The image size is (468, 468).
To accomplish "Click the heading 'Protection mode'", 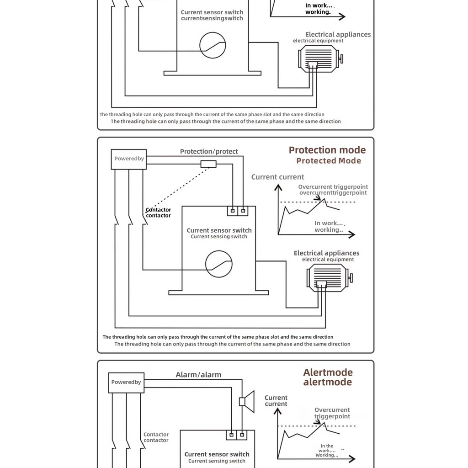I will pyautogui.click(x=327, y=150).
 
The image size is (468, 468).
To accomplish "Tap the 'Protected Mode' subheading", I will pyautogui.click(x=328, y=161).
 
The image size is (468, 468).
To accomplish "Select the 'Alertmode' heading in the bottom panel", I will pyautogui.click(x=328, y=372).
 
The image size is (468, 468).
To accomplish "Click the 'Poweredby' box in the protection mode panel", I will pyautogui.click(x=129, y=159).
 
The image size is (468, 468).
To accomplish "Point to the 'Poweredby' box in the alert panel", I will pyautogui.click(x=126, y=383).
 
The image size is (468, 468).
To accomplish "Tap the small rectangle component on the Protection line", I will pyautogui.click(x=208, y=164).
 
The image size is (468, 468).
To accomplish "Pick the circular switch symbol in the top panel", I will pyautogui.click(x=213, y=45).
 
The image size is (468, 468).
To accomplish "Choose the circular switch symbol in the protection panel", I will pyautogui.click(x=218, y=264).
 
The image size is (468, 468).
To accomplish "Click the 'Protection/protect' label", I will pyautogui.click(x=209, y=152).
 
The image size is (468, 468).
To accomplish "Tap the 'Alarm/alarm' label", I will pyautogui.click(x=198, y=375).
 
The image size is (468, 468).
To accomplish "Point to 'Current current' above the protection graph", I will pyautogui.click(x=277, y=177).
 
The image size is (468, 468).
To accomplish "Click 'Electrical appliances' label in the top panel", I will pyautogui.click(x=338, y=35).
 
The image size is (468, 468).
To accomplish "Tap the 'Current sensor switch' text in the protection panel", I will pyautogui.click(x=219, y=231).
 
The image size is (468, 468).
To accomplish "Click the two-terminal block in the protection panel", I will pyautogui.click(x=238, y=211).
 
